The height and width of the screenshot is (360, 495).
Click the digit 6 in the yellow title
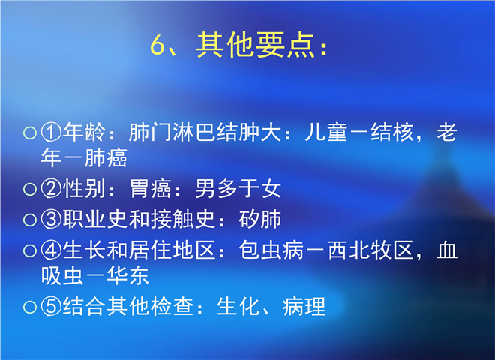157,44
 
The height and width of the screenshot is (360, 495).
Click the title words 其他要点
255,44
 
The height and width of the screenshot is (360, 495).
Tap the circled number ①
51,133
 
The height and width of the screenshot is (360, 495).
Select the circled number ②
51,189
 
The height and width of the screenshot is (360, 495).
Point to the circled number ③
51,220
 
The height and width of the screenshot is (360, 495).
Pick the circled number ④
51,250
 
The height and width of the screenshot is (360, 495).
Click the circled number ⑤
51,307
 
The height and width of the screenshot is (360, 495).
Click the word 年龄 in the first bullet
84,132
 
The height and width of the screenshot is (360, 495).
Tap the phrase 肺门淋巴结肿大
205,132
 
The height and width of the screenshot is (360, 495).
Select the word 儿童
326,132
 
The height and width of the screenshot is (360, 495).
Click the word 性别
84,188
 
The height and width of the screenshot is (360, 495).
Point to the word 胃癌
151,188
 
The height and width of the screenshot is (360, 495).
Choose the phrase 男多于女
238,188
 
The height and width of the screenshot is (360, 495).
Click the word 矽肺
259,219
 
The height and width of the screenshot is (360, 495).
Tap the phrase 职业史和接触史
139,219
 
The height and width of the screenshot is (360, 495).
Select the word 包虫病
271,250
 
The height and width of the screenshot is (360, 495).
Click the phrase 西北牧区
370,250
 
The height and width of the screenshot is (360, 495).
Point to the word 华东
127,275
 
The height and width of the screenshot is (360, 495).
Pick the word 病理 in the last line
304,306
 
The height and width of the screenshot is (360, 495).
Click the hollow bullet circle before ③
30,220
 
